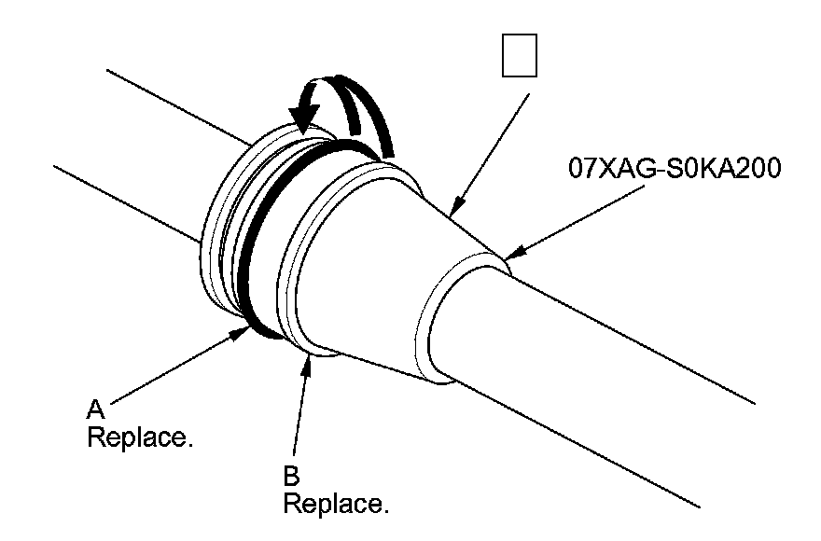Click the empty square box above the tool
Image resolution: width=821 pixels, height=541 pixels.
coord(519,57)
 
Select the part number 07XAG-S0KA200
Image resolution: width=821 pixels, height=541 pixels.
coord(674,170)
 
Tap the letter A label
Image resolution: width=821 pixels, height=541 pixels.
coord(94,408)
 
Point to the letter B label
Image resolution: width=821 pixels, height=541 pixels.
coord(290,477)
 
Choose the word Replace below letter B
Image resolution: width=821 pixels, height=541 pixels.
coord(335,505)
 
